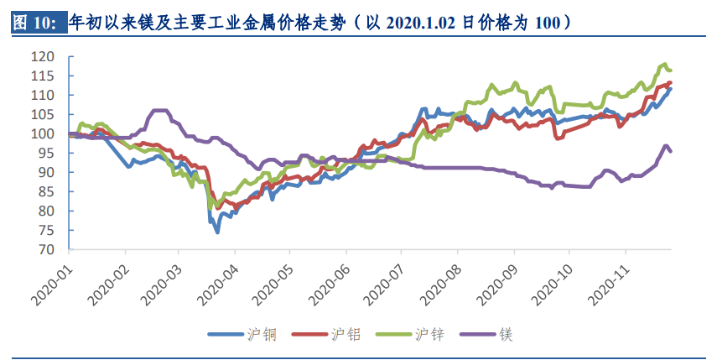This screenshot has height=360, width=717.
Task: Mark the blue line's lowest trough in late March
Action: (x=217, y=232)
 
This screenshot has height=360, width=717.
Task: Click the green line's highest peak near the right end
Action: (x=664, y=64)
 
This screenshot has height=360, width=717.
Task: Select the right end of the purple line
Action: (x=671, y=151)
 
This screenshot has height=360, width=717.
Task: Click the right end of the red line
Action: (x=671, y=82)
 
